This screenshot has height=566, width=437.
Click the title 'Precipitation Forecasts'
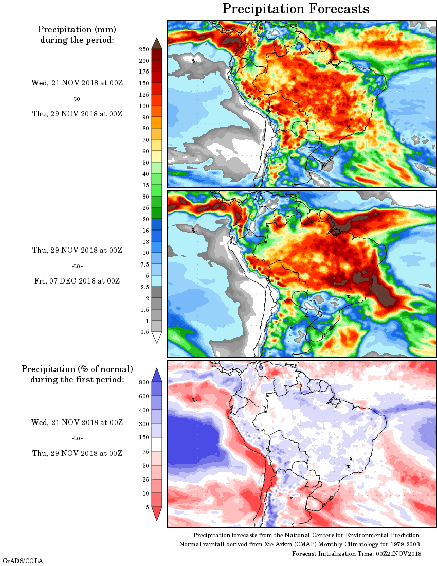[296, 9]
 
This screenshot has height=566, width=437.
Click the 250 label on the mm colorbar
[143, 49]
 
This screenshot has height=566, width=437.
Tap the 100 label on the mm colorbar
[143, 106]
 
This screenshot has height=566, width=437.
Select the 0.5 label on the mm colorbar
[144, 332]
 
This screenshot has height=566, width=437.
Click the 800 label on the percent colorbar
[143, 382]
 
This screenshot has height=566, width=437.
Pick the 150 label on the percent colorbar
[143, 438]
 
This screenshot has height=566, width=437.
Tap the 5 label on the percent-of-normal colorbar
[147, 507]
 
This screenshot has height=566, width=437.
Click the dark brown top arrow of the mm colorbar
[157, 43]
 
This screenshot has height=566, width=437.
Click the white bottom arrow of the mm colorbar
[157, 337]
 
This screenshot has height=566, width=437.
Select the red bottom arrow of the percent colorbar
[157, 513]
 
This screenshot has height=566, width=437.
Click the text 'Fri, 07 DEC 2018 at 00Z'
[77, 281]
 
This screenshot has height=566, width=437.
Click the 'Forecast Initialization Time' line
[357, 553]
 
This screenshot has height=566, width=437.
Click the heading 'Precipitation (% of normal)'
[77, 369]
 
